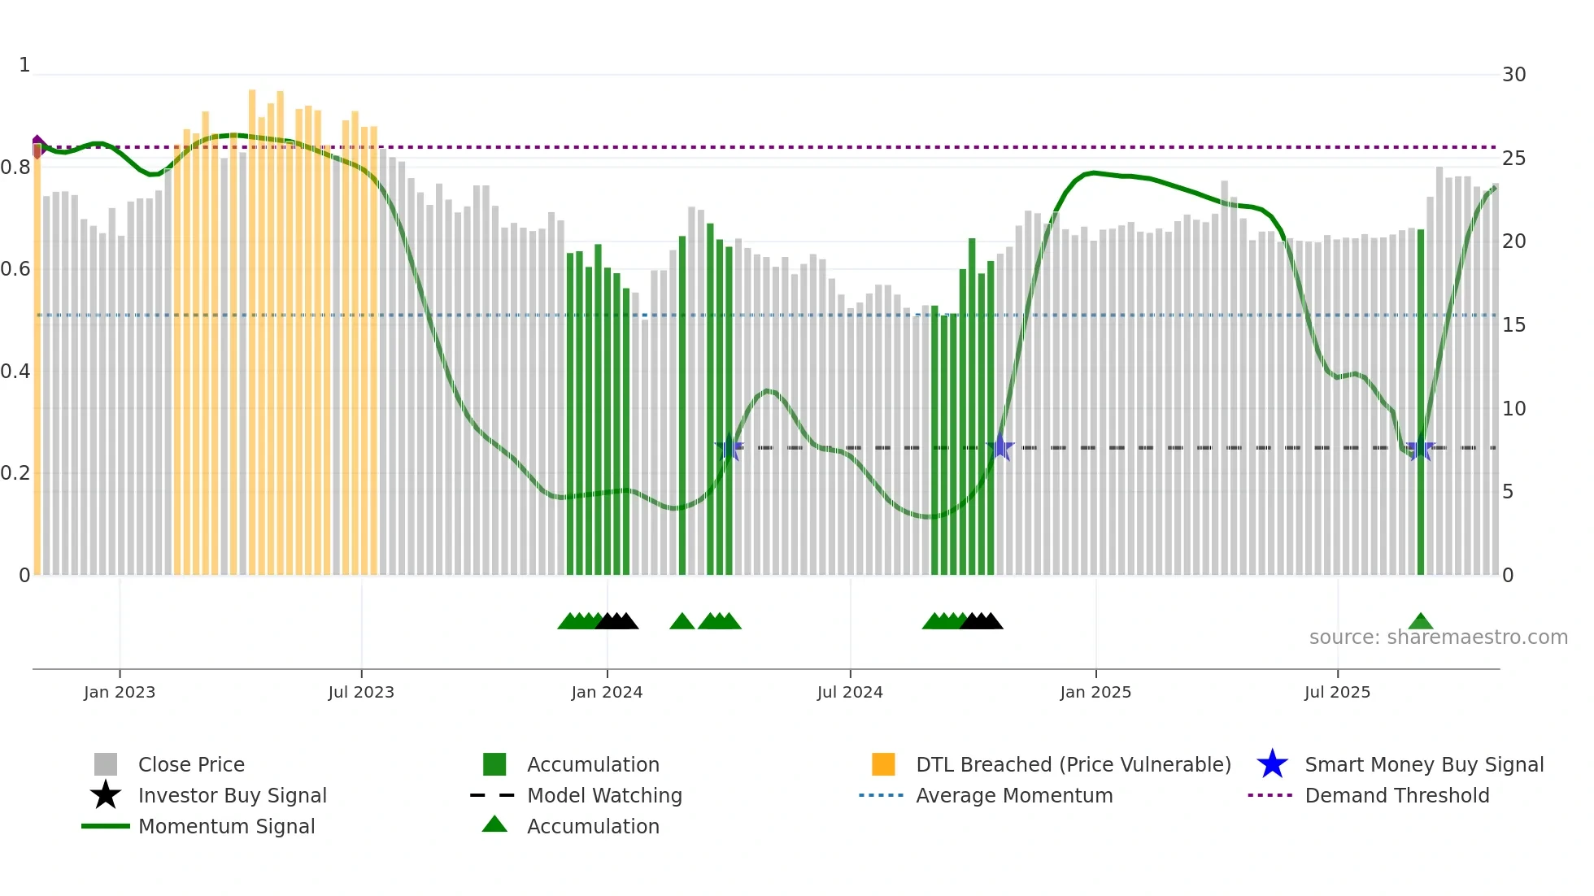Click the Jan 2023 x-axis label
(119, 692)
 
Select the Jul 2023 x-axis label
(361, 692)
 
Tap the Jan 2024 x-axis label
(607, 692)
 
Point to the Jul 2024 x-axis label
(850, 692)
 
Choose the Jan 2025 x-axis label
(1095, 692)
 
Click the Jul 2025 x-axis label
(1337, 692)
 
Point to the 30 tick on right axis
(1513, 75)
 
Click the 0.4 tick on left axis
(15, 372)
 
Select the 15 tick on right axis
(1513, 325)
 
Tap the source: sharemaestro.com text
(1438, 637)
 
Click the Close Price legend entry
(191, 764)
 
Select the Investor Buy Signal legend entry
(232, 795)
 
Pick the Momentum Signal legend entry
(226, 826)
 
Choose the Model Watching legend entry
(604, 795)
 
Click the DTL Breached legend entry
(1073, 764)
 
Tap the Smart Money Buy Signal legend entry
(1424, 764)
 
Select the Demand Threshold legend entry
(1396, 795)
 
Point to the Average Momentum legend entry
(1014, 795)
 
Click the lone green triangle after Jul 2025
(1420, 622)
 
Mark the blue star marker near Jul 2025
(1420, 448)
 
